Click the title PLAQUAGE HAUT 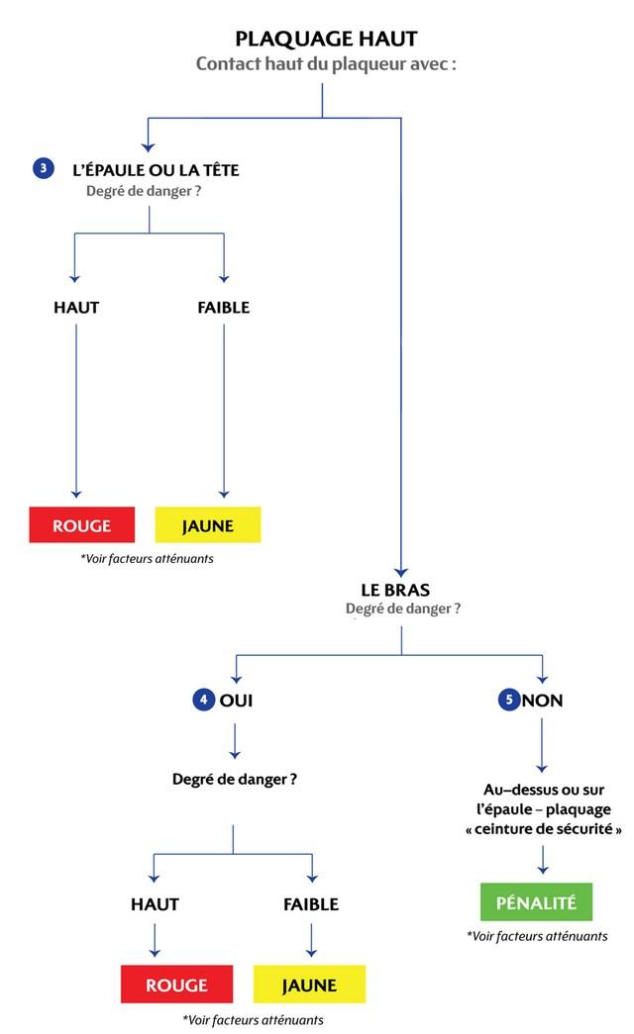click(x=326, y=39)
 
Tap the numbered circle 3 click(x=44, y=168)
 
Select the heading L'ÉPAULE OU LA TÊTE click(x=156, y=169)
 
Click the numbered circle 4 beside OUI click(x=203, y=700)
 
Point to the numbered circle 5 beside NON click(x=508, y=700)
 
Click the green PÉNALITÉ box click(x=536, y=901)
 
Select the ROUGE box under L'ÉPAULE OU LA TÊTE click(x=82, y=524)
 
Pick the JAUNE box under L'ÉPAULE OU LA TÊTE click(x=208, y=524)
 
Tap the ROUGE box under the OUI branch click(x=177, y=985)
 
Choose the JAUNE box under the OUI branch click(x=310, y=985)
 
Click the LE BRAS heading click(x=395, y=590)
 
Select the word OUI click(x=237, y=701)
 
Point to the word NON click(x=543, y=701)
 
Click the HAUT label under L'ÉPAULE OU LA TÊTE click(x=76, y=308)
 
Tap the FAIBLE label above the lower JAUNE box click(x=311, y=904)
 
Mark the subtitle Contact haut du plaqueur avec click(x=326, y=64)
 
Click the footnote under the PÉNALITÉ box click(x=537, y=936)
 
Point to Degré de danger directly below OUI click(x=235, y=780)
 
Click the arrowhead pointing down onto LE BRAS click(x=401, y=572)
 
